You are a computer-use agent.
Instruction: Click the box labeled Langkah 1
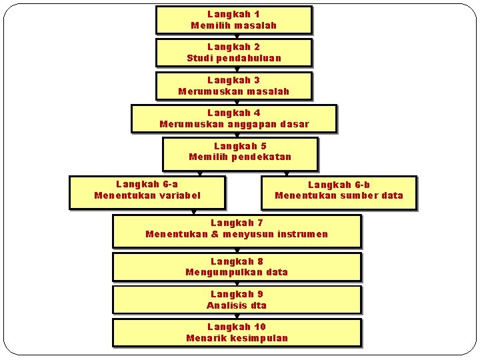pyautogui.click(x=233, y=20)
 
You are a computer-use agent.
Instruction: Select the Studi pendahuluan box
pyautogui.click(x=233, y=53)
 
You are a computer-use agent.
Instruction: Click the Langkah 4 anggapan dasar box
pyautogui.click(x=233, y=119)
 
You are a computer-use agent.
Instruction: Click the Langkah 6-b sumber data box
pyautogui.click(x=339, y=193)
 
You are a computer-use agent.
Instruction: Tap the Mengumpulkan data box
pyautogui.click(x=237, y=267)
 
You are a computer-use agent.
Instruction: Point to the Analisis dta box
pyautogui.click(x=237, y=300)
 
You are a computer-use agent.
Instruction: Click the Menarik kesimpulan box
pyautogui.click(x=237, y=333)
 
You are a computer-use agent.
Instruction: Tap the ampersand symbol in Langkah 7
pyautogui.click(x=215, y=234)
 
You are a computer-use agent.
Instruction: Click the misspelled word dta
pyautogui.click(x=258, y=305)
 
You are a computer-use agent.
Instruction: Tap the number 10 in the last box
pyautogui.click(x=259, y=327)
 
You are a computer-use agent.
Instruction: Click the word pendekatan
pyautogui.click(x=262, y=157)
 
